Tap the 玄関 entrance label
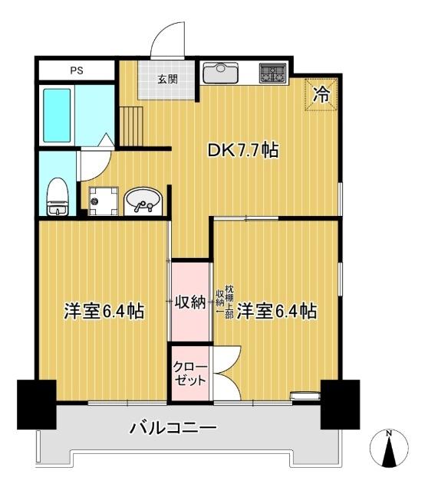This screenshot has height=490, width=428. [168, 78]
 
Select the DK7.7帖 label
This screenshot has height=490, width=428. [243, 152]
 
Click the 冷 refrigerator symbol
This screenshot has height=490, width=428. [322, 95]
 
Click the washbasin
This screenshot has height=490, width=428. [142, 201]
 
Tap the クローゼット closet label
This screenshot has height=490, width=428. [189, 373]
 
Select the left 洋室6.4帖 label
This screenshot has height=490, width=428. [104, 312]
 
